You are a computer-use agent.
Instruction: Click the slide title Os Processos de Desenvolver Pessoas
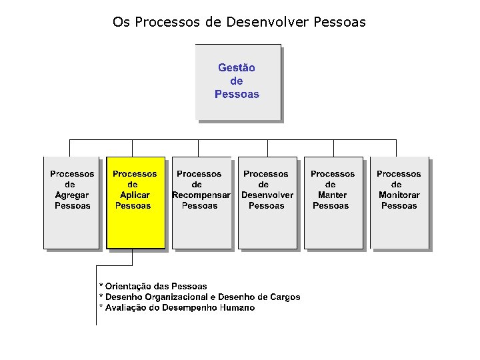click(x=239, y=23)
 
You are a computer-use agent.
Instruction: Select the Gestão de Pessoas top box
click(x=237, y=81)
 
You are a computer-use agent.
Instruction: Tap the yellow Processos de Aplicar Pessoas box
click(x=135, y=203)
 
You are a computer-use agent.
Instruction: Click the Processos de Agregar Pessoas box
click(x=72, y=203)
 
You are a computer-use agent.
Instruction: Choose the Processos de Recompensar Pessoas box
click(x=201, y=203)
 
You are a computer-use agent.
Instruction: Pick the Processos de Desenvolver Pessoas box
click(x=267, y=203)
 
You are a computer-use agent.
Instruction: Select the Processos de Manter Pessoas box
click(x=333, y=203)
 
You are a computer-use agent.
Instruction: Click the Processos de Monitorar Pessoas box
click(x=399, y=203)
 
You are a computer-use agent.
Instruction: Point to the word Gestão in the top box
click(x=237, y=67)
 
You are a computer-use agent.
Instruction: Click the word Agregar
click(x=72, y=195)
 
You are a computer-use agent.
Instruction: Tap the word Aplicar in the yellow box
click(x=135, y=195)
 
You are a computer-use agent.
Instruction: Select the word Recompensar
click(x=201, y=195)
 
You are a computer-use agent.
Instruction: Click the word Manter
click(x=332, y=195)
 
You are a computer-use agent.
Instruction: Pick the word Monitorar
click(x=399, y=195)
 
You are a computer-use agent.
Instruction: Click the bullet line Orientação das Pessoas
click(x=153, y=286)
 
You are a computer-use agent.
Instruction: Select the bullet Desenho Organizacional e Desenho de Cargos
click(x=199, y=297)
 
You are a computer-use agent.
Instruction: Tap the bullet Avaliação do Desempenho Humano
click(x=177, y=307)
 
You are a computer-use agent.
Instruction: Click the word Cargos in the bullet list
click(x=285, y=297)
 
